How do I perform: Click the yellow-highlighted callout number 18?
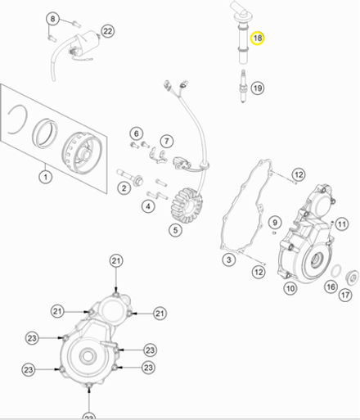tap(257, 39)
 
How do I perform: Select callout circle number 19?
tap(257, 88)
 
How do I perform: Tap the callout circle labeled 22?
tap(107, 31)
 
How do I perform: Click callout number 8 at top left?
tap(52, 18)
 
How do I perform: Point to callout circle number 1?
tap(45, 174)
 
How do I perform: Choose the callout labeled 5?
tap(175, 230)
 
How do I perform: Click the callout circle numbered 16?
tap(330, 287)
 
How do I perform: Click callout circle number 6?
tap(136, 133)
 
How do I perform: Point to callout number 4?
tap(147, 206)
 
